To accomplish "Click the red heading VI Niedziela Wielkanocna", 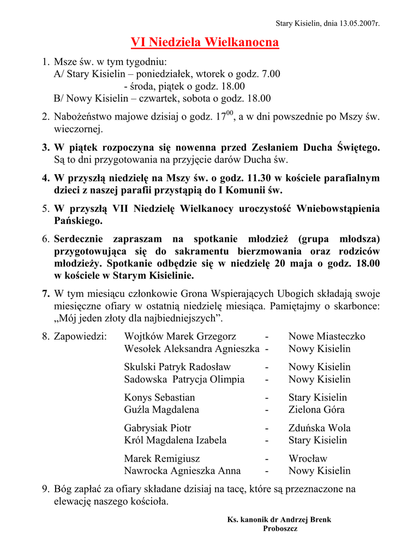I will pyautogui.click(x=205, y=42).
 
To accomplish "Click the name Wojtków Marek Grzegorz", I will pyautogui.click(x=180, y=336).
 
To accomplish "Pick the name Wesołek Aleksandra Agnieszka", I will pyautogui.click(x=191, y=349).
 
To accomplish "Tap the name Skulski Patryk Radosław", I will pyautogui.click(x=177, y=367).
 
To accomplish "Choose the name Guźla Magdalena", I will pyautogui.click(x=161, y=409).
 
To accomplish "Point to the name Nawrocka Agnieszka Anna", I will pyautogui.click(x=182, y=471).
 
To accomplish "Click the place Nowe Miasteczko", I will pyautogui.click(x=327, y=336).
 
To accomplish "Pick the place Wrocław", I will pyautogui.click(x=308, y=459).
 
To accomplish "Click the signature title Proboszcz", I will pyautogui.click(x=280, y=528).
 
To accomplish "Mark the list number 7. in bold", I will pyautogui.click(x=46, y=294).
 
